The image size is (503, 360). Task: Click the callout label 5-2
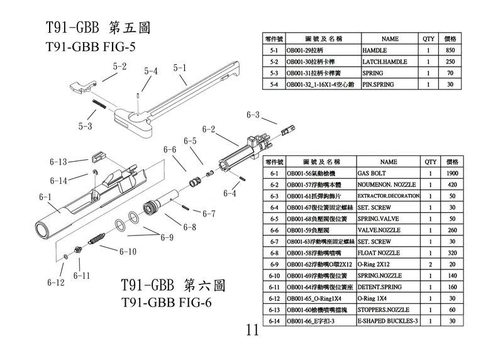tap(119, 66)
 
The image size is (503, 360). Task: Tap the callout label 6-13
tap(58, 162)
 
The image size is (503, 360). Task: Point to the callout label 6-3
tap(253, 115)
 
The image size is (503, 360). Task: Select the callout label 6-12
tap(56, 283)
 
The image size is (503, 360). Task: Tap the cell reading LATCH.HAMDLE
tap(385, 62)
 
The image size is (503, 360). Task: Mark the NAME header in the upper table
tap(390, 38)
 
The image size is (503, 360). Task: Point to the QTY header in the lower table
tap(430, 161)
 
